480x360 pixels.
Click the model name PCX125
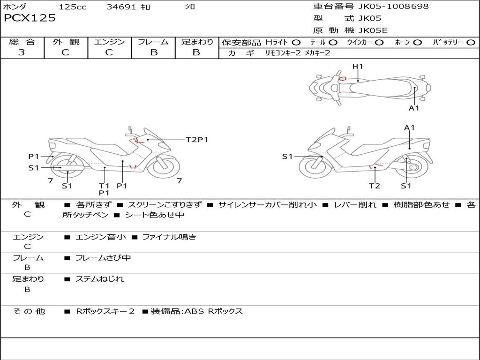pos(30,18)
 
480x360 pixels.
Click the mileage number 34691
pos(121,7)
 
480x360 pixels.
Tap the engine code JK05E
pos(373,30)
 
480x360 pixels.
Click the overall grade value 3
pos(22,52)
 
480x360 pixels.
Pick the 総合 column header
pos(22,42)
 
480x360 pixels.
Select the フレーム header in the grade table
pos(153,42)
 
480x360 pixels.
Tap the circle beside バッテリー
pos(471,43)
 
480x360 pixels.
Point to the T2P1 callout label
pos(197,140)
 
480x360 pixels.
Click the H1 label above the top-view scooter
pos(358,67)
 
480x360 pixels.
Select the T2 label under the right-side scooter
pos(374,186)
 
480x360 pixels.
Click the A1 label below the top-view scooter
pos(414,108)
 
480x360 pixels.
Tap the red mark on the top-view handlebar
pos(343,79)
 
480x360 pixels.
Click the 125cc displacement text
pos(73,7)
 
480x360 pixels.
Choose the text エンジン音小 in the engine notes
pos(101,237)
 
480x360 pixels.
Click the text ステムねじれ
pos(100,279)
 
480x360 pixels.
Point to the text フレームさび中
pos(103,258)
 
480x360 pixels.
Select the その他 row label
pos(29,311)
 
